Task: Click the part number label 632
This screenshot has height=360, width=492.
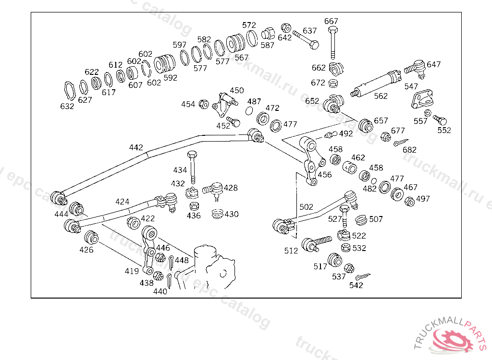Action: (67, 106)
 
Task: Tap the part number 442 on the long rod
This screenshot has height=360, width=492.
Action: (136, 147)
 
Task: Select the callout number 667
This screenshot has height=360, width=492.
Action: (331, 21)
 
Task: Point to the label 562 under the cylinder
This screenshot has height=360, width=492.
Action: (381, 96)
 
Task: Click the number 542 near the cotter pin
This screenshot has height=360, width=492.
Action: (356, 285)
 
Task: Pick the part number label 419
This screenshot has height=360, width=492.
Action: (132, 271)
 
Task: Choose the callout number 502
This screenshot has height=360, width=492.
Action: (306, 207)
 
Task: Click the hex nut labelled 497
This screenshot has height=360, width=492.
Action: (409, 202)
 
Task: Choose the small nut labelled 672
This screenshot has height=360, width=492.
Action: (332, 84)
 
